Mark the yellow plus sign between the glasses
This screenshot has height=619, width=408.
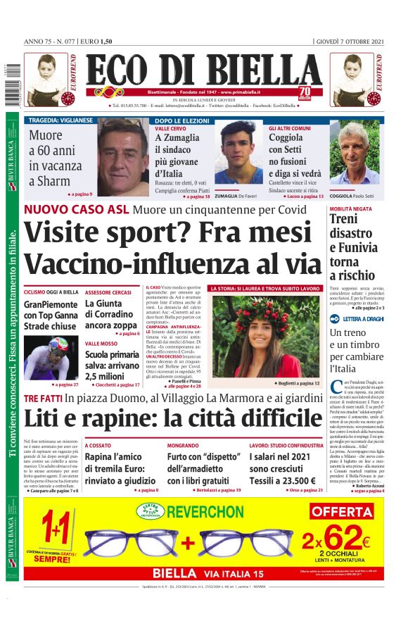188,542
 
